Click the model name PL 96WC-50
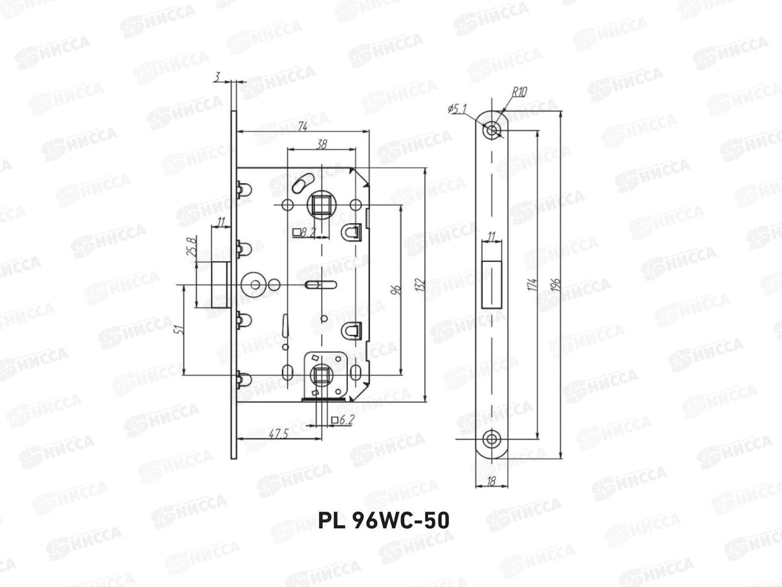coord(384,520)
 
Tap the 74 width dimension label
coord(303,127)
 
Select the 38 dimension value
coord(322,144)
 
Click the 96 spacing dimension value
coord(396,290)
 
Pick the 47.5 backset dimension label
coord(279,433)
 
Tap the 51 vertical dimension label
coord(181,329)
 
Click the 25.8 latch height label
coord(191,247)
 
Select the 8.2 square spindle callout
coord(304,233)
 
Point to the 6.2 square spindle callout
coord(343,420)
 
